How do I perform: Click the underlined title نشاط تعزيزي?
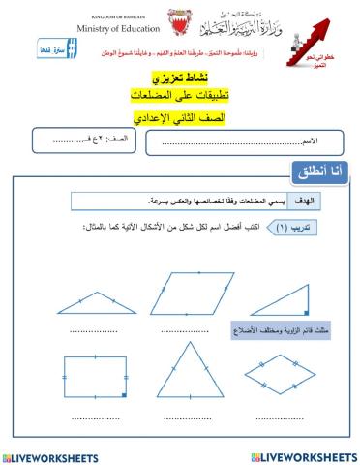click(x=180, y=77)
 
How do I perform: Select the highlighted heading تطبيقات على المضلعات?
click(x=180, y=97)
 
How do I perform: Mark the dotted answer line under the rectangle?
click(x=94, y=417)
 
